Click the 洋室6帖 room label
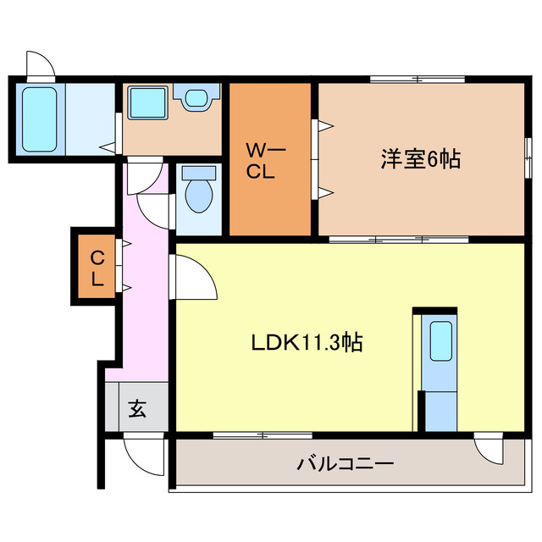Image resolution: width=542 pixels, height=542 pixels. tap(421, 158)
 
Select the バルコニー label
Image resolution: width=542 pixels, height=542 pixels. tap(345, 464)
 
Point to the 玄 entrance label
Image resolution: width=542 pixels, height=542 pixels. tap(137, 410)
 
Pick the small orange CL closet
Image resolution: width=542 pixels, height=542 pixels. tap(97, 268)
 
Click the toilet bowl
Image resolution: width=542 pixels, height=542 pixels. tap(200, 194)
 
